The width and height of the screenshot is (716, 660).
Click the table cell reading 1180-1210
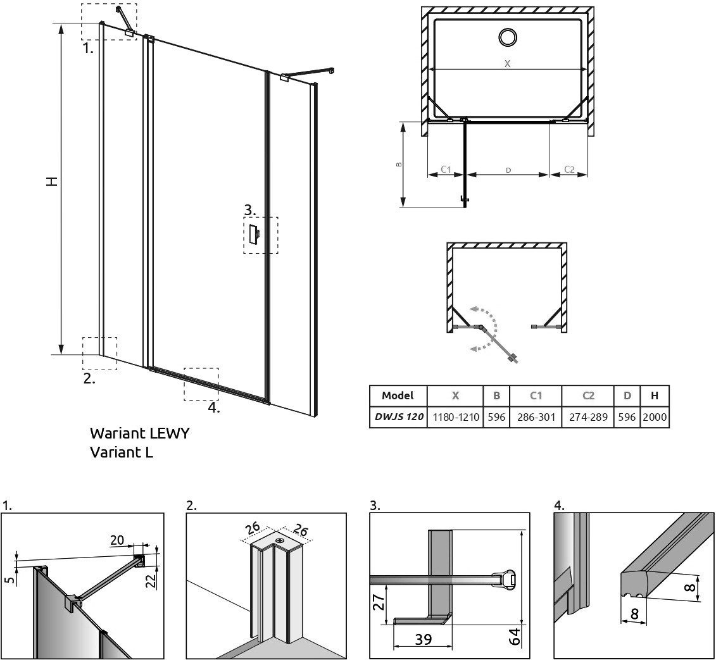click(455, 417)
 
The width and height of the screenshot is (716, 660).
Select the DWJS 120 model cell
click(399, 417)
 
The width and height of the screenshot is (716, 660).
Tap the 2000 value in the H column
click(655, 417)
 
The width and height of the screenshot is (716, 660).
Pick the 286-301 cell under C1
click(536, 417)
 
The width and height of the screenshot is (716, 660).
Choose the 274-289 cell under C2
click(588, 417)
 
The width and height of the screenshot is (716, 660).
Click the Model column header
click(398, 395)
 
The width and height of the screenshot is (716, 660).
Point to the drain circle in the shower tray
click(507, 37)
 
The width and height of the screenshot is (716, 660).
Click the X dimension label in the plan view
click(507, 64)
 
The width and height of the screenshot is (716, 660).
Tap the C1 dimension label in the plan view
click(446, 170)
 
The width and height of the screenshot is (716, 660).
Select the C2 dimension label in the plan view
click(569, 170)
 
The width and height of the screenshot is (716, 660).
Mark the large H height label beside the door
click(53, 181)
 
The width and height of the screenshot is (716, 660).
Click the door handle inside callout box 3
click(253, 235)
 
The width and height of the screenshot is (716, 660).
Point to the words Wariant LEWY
click(139, 433)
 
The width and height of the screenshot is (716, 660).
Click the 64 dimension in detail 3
click(515, 637)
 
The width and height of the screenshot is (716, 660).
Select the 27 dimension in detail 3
click(379, 602)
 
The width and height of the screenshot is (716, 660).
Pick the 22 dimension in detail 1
click(151, 580)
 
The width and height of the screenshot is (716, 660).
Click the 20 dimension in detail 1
click(117, 540)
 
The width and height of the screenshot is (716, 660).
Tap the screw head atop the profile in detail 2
click(279, 540)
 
